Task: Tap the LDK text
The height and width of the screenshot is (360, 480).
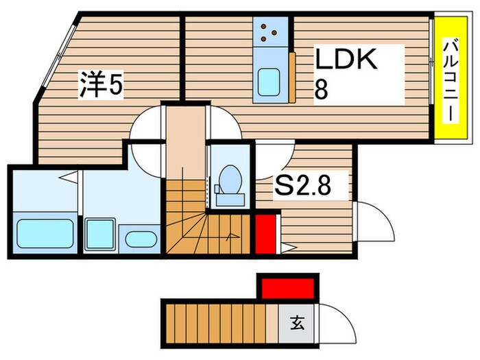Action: (x=346, y=60)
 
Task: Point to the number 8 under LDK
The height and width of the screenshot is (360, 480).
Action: (x=321, y=90)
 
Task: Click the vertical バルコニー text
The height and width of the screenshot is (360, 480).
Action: (x=449, y=82)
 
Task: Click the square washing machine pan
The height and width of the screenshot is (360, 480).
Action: (x=101, y=234)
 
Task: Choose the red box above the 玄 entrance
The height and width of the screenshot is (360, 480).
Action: (x=287, y=286)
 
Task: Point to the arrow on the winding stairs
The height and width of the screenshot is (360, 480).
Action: (x=232, y=238)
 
